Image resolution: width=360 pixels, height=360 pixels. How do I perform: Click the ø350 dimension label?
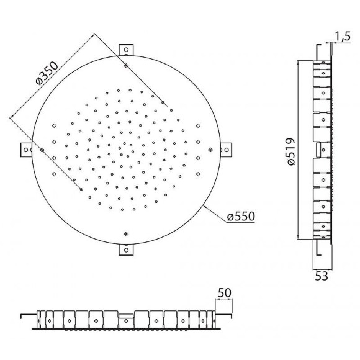coord(47,73)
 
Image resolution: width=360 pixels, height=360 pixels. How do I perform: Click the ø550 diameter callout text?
coord(241,216)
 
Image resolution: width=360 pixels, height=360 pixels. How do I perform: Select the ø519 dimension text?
coord(291,151)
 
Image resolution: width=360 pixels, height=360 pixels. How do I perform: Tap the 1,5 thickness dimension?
coord(343,37)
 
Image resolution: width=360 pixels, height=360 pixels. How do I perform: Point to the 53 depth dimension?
coord(322,276)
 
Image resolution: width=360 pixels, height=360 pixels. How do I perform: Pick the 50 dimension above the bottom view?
coord(225,293)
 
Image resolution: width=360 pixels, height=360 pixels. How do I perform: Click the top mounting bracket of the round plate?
coord(126,50)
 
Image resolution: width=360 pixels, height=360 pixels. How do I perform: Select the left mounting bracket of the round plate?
coord(26,150)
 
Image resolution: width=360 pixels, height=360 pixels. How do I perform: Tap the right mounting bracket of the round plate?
coord(226,150)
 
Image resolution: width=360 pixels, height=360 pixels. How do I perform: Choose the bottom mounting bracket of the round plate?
coord(126,250)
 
